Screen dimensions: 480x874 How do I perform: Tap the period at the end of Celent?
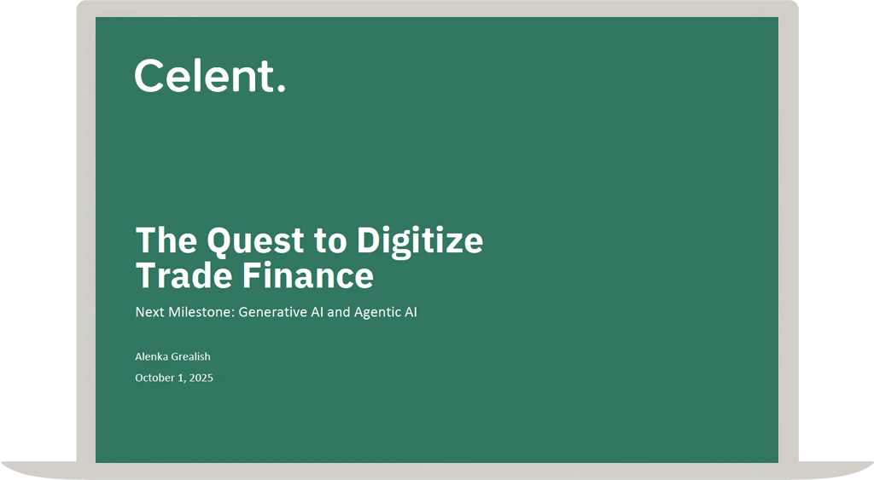point(282,88)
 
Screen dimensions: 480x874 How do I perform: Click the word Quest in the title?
point(255,240)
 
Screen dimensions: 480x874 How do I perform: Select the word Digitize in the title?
point(420,240)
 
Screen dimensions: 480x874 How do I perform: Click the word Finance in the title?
point(307,275)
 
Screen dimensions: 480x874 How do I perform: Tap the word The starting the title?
point(166,240)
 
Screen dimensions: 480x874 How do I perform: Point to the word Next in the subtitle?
point(149,312)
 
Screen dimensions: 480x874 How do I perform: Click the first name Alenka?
point(152,356)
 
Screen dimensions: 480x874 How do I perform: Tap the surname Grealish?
point(191,356)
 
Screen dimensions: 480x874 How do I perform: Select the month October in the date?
point(156,378)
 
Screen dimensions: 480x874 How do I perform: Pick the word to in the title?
point(329,240)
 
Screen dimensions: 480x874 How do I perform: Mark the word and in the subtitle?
point(339,312)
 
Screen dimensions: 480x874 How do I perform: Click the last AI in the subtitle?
point(411,312)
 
